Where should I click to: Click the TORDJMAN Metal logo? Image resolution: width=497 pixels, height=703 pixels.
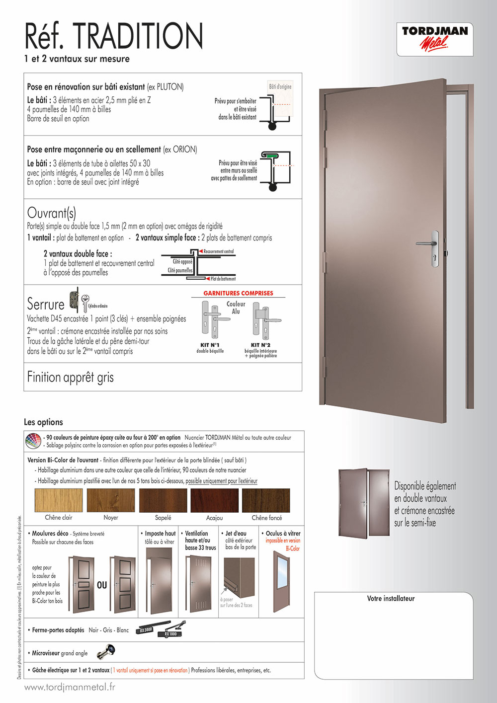tap(435, 38)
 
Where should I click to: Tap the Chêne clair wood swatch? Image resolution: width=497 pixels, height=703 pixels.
tap(59, 500)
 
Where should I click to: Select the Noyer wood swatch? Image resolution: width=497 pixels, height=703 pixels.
tap(110, 500)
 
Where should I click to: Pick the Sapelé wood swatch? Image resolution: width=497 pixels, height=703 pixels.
tap(163, 500)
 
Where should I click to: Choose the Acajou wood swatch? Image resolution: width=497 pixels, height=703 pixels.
tap(214, 500)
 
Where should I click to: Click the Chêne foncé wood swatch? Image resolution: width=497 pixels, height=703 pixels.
tap(266, 500)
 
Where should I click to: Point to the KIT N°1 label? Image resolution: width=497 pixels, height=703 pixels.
tap(210, 345)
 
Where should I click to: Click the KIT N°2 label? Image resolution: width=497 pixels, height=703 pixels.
tap(260, 345)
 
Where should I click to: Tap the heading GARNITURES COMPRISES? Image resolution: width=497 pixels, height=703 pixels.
tap(238, 293)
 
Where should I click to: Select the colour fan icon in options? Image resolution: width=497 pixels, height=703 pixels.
tap(33, 441)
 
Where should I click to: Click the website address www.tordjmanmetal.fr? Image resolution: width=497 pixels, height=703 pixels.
tap(70, 687)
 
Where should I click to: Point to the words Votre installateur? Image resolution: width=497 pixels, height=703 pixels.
tap(391, 599)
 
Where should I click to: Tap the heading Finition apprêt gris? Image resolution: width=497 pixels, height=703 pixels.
tap(70, 378)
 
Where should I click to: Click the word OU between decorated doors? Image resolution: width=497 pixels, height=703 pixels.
tap(102, 585)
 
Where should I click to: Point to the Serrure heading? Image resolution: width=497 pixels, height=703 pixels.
tap(46, 304)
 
